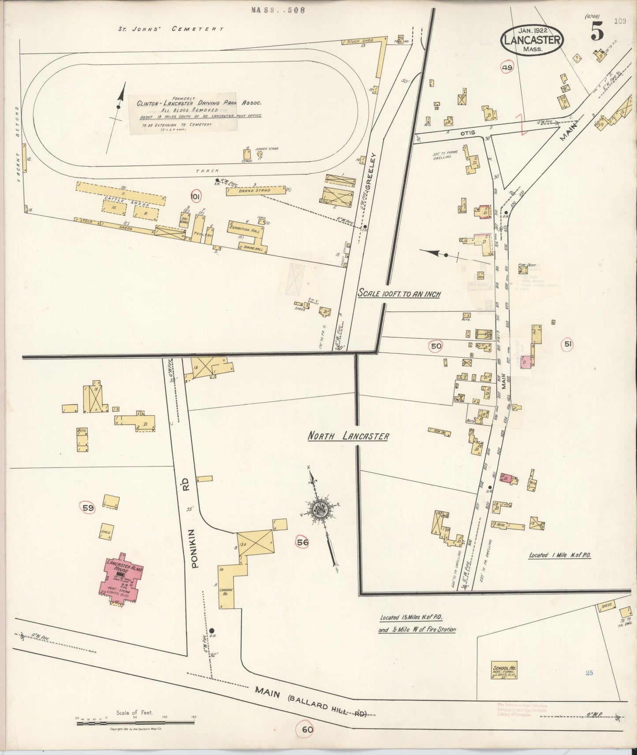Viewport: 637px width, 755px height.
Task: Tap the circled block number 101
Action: click(195, 196)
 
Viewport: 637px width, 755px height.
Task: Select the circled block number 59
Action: click(88, 508)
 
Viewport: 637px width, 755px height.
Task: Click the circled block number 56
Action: click(302, 542)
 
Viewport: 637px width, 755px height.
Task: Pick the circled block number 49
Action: click(507, 67)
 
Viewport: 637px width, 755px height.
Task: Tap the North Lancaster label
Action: click(348, 437)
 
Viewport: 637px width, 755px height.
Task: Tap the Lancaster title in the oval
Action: click(532, 40)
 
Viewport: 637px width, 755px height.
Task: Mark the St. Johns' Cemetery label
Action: click(170, 29)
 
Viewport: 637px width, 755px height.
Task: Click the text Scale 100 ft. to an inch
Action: click(399, 294)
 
